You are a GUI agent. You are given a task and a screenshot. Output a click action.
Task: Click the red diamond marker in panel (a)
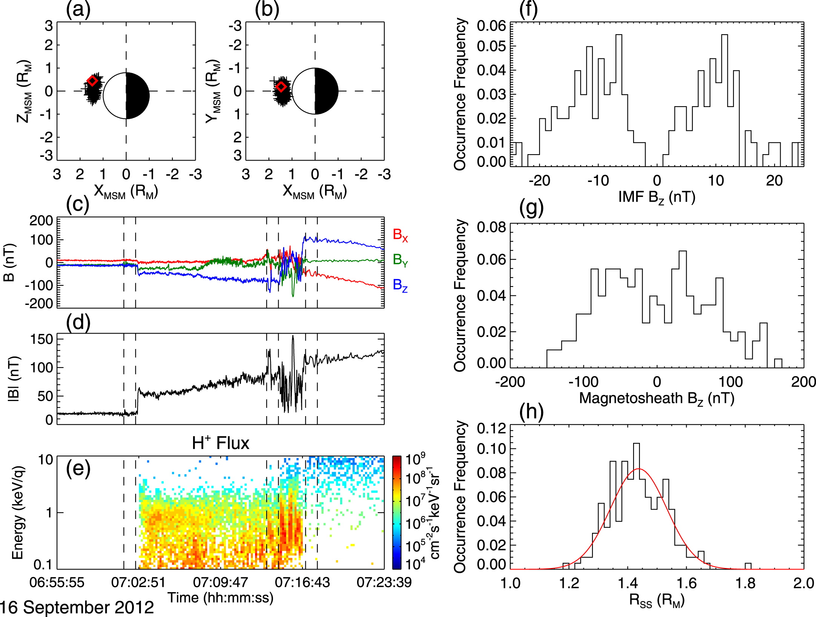[x=92, y=81]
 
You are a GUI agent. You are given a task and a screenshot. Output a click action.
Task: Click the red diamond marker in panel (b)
[x=281, y=87]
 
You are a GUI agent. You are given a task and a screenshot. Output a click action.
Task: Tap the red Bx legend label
[x=400, y=235]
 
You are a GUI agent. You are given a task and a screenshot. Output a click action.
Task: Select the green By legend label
[x=400, y=260]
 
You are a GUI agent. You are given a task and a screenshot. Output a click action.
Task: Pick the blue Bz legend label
[x=400, y=285]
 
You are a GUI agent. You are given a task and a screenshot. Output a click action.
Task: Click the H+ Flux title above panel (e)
[x=221, y=443]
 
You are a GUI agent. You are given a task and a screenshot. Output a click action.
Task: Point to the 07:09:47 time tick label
[x=221, y=583]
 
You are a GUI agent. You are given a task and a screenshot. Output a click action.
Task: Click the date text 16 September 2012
[x=77, y=608]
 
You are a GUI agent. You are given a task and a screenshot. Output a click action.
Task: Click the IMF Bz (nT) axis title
[x=657, y=197]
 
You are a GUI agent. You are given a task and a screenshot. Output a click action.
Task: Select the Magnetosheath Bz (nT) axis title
[x=657, y=398]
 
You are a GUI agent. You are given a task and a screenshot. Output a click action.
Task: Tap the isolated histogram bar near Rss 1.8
[x=748, y=566]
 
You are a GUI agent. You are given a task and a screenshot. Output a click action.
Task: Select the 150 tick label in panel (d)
[x=41, y=339]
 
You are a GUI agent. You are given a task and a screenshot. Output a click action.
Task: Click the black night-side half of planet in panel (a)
[x=137, y=96]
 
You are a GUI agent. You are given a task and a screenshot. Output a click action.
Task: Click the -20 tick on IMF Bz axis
[x=539, y=181]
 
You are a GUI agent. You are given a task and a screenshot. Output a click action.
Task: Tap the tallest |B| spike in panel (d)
[x=293, y=337]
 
